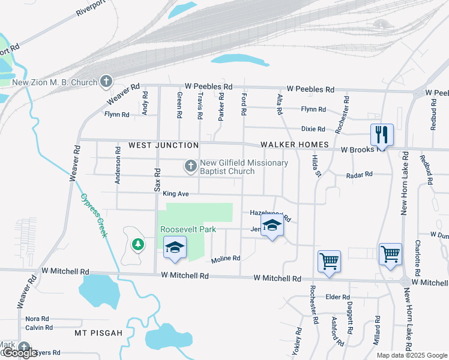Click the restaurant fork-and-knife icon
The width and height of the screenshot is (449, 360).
(x=382, y=134)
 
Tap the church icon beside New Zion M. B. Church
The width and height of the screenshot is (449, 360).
(x=106, y=81)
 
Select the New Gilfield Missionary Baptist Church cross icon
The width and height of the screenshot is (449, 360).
(x=190, y=166)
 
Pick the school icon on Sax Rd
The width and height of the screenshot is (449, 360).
(x=175, y=247)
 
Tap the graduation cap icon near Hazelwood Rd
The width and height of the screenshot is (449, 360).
(x=273, y=227)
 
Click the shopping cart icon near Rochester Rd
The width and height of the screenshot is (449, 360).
(x=329, y=261)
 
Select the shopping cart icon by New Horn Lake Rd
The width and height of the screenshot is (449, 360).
(x=390, y=254)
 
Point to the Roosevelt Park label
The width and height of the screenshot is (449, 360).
(x=187, y=230)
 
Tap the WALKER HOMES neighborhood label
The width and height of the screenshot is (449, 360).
(x=295, y=145)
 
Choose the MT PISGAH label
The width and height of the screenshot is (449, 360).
(x=98, y=333)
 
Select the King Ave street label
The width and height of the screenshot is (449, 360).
(x=176, y=194)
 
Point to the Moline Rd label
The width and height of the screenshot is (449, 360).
(x=226, y=259)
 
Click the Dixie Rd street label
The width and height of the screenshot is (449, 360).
(x=313, y=129)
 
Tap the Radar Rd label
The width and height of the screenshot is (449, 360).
(x=360, y=175)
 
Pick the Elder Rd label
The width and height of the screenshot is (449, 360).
(x=337, y=297)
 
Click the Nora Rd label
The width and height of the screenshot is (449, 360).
(x=37, y=319)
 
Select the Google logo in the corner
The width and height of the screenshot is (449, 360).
(x=20, y=353)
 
